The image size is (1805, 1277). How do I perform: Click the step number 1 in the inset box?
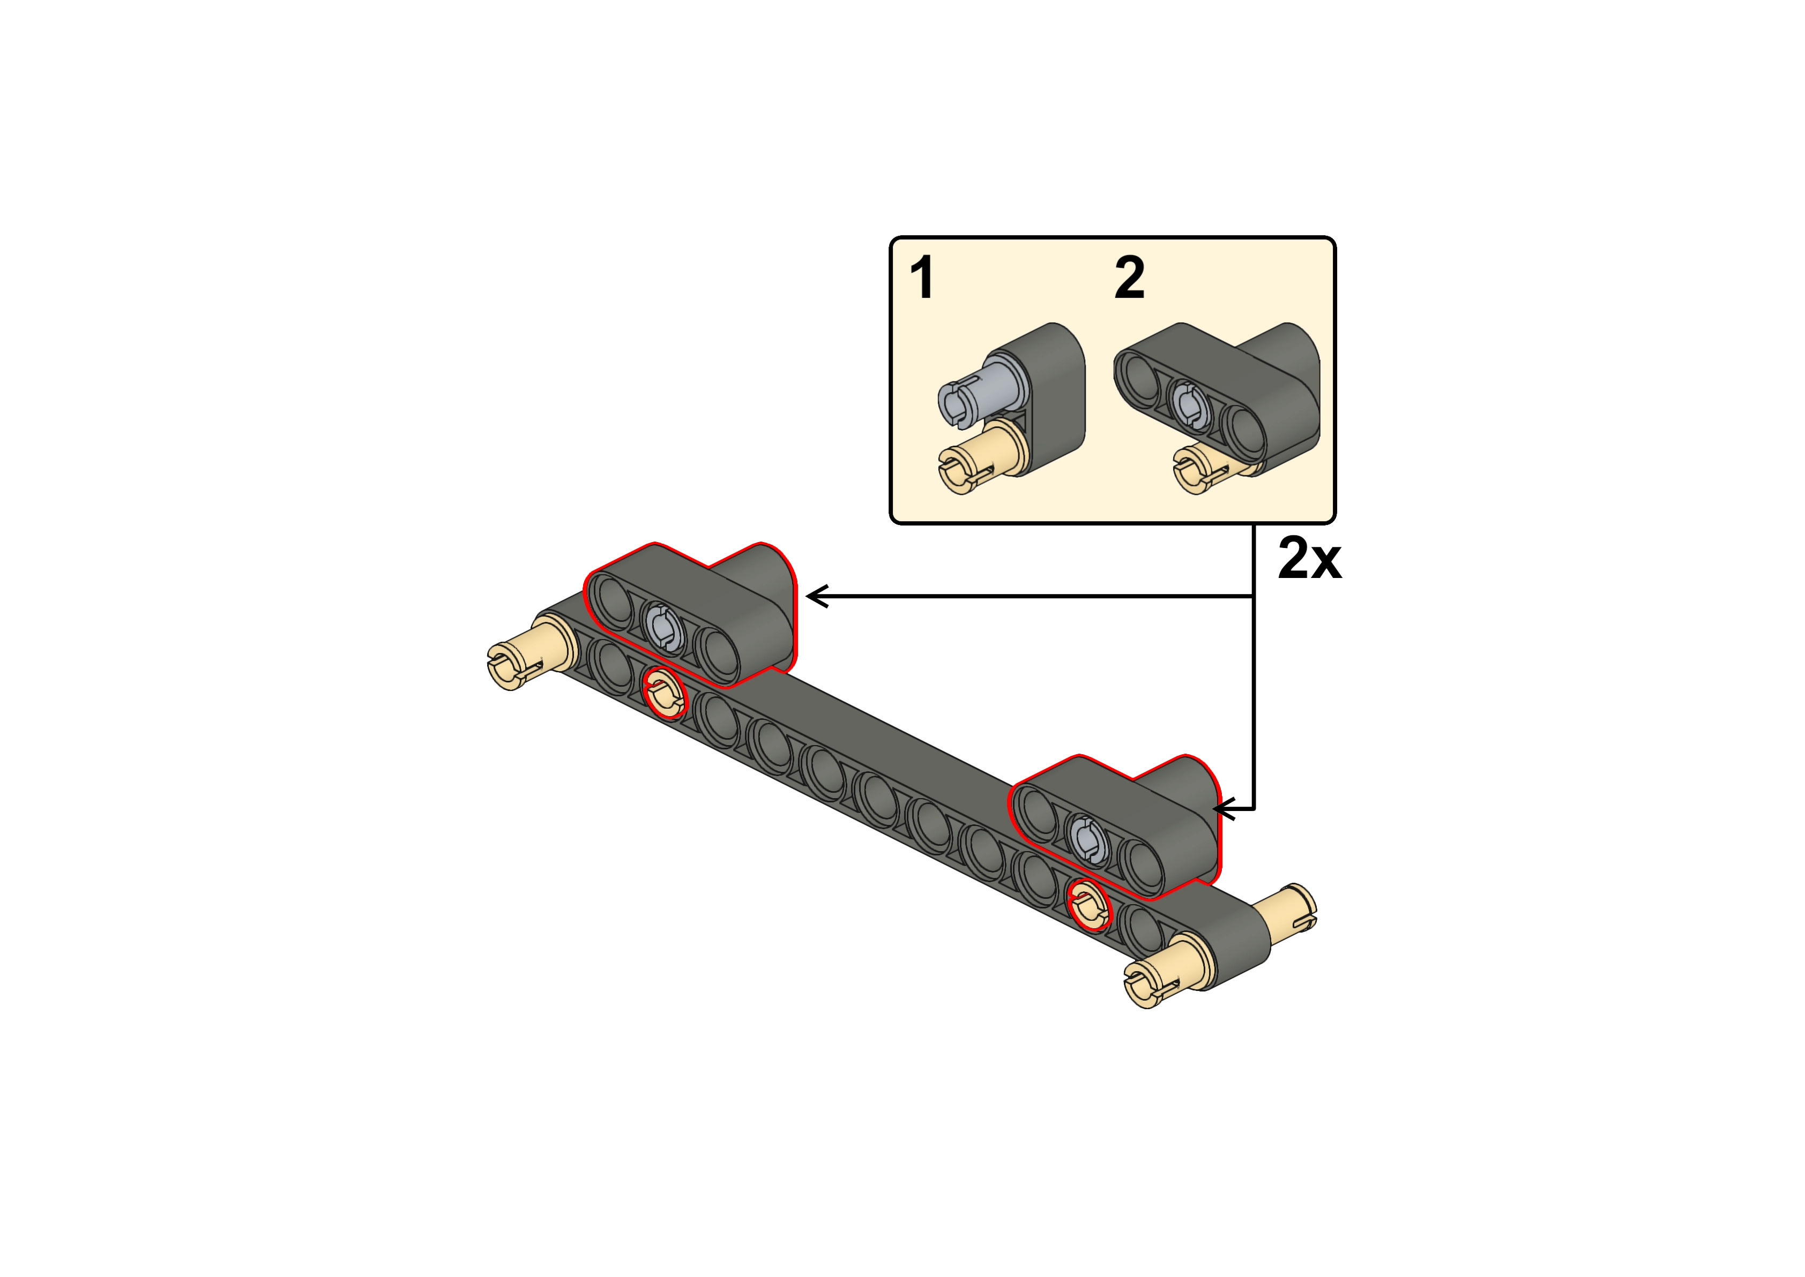pos(922,277)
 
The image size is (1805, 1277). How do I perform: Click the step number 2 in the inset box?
pos(1129,277)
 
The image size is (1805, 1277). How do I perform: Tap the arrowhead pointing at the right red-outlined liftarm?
pos(1224,808)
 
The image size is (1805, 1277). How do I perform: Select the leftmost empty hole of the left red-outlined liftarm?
pos(612,599)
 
